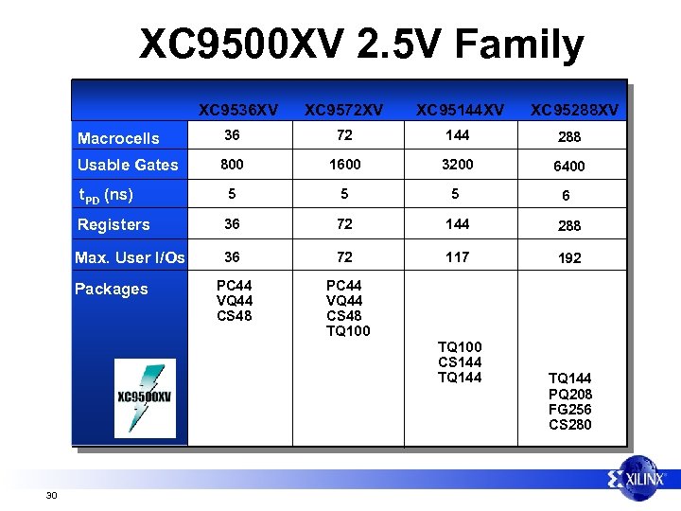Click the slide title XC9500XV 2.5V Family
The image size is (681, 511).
pos(361,44)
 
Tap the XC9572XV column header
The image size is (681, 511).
pos(344,111)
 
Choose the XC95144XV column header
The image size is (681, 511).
pos(461,111)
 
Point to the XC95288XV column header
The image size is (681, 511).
pos(574,111)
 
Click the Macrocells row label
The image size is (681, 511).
pos(118,138)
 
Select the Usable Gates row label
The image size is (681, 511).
pos(128,165)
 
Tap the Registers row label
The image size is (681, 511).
pos(113,224)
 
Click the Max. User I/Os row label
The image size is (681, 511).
pos(130,257)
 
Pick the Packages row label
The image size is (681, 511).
pos(111,289)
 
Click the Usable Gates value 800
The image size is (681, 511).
pos(232,164)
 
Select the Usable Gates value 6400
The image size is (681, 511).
pos(569,166)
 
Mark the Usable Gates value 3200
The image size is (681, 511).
pos(457,164)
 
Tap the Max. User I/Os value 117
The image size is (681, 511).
pos(457,256)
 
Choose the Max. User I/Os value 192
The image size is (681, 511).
pos(569,257)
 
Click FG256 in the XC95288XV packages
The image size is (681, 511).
pos(569,410)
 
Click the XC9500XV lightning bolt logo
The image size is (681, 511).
pos(145,398)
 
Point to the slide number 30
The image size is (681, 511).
pos(51,495)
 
